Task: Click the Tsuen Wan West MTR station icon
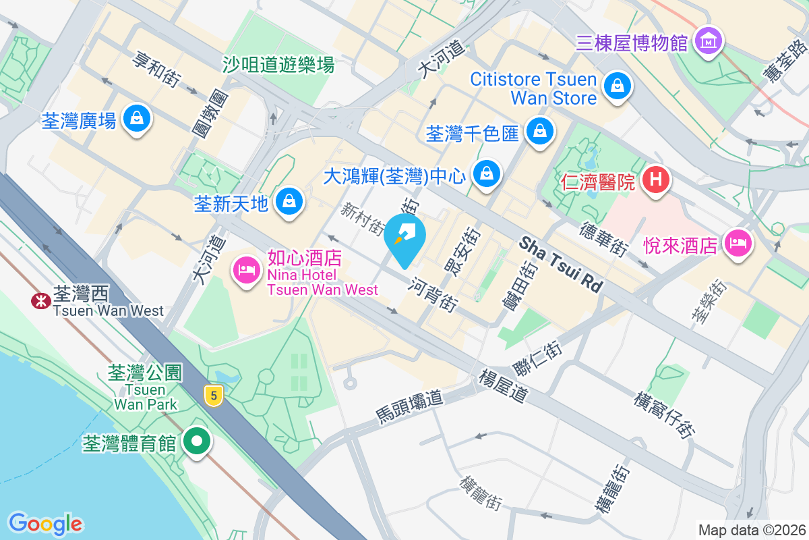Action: [40, 301]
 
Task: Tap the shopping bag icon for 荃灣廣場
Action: [138, 119]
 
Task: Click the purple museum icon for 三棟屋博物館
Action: [708, 43]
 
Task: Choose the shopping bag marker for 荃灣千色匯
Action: [539, 131]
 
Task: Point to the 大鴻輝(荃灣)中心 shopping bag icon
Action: [486, 175]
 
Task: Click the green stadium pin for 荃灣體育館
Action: [197, 443]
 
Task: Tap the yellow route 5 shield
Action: [214, 396]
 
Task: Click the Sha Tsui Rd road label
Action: [560, 264]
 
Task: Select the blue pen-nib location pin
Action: [405, 238]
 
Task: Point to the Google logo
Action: [45, 524]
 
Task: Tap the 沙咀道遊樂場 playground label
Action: [279, 65]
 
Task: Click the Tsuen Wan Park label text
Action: [145, 397]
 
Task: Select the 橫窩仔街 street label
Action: [665, 412]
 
